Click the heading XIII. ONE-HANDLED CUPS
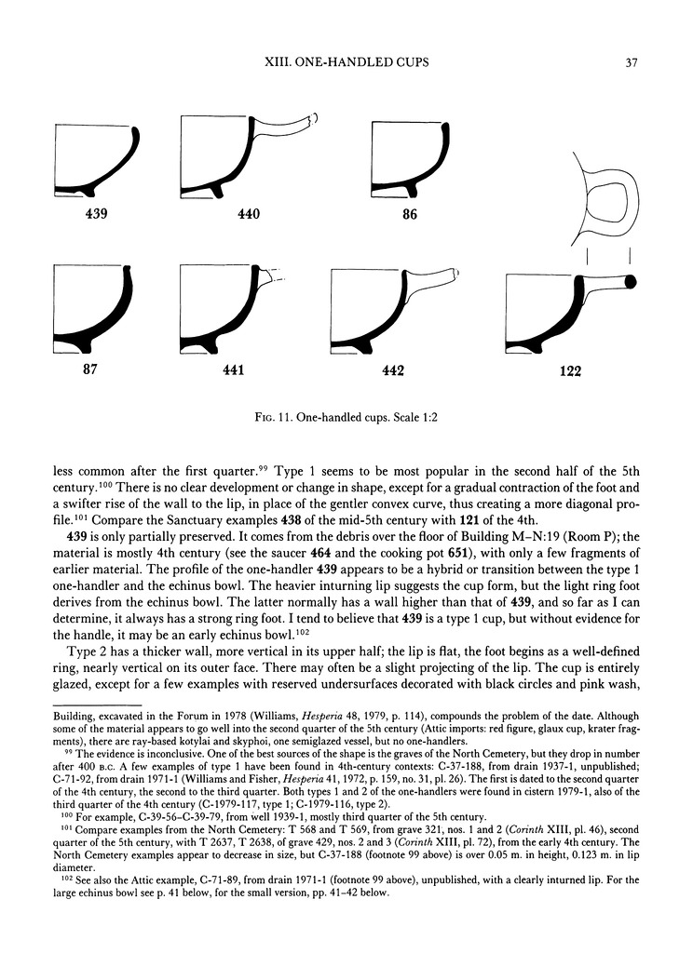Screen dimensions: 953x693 pos(346,63)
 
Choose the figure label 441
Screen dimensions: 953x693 pos(233,370)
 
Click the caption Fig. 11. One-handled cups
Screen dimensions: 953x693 pos(346,418)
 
